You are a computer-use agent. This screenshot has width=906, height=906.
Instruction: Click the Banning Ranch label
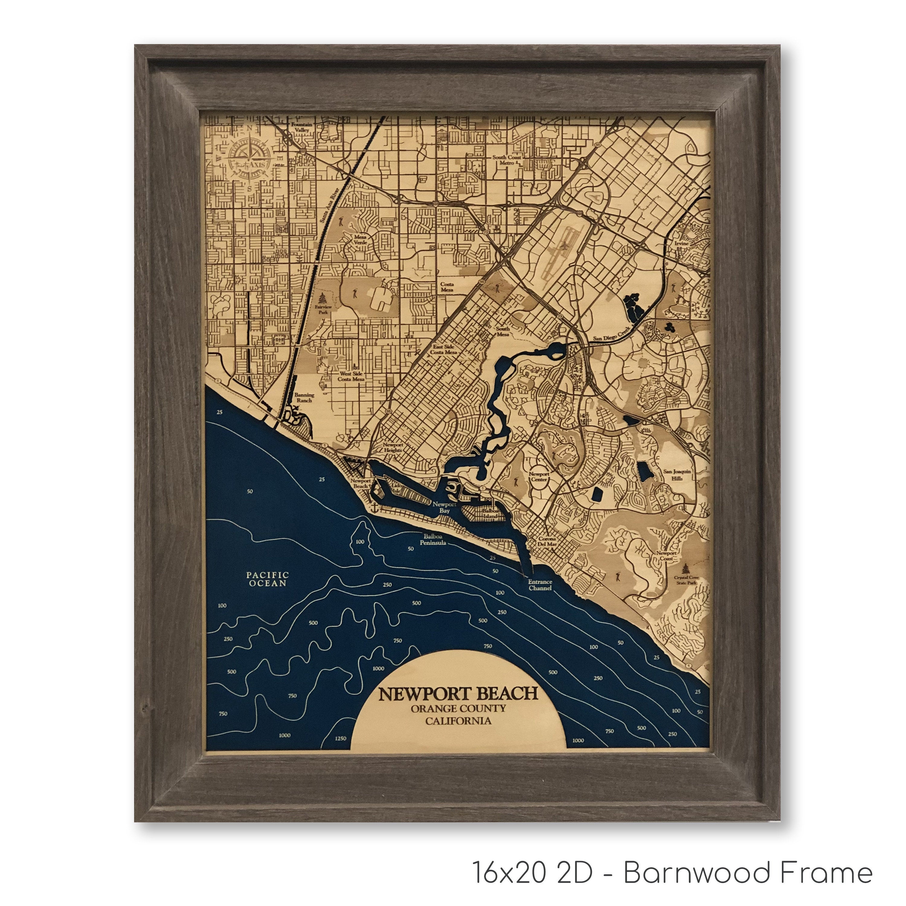pos(304,398)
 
